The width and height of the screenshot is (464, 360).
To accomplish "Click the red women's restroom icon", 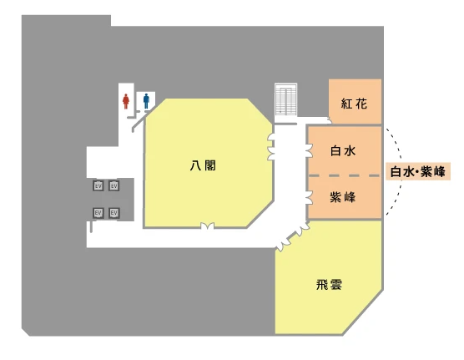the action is [126, 101].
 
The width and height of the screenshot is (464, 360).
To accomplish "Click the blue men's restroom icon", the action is [146, 101].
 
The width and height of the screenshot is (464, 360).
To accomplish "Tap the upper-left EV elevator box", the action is [98, 185].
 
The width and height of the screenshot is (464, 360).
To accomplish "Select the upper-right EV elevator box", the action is [114, 185].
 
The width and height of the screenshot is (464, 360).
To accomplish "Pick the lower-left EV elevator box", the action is [98, 213].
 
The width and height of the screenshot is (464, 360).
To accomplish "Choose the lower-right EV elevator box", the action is [114, 213].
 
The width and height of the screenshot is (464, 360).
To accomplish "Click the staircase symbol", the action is [286, 100].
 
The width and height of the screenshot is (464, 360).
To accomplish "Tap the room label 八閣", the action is [203, 165].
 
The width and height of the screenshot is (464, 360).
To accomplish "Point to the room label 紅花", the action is [354, 104].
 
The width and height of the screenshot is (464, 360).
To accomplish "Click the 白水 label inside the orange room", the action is [343, 151].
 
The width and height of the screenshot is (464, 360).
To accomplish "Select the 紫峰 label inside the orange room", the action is [343, 197].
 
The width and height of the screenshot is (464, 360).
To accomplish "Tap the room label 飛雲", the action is [330, 285].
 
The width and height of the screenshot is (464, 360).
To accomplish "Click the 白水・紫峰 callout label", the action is [418, 171].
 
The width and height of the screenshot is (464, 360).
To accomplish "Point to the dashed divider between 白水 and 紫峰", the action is [345, 175].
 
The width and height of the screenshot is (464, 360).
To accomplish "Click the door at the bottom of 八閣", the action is [208, 226].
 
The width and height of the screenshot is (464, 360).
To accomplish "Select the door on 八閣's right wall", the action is [271, 147].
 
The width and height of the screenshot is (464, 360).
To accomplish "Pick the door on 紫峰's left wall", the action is [309, 198].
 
